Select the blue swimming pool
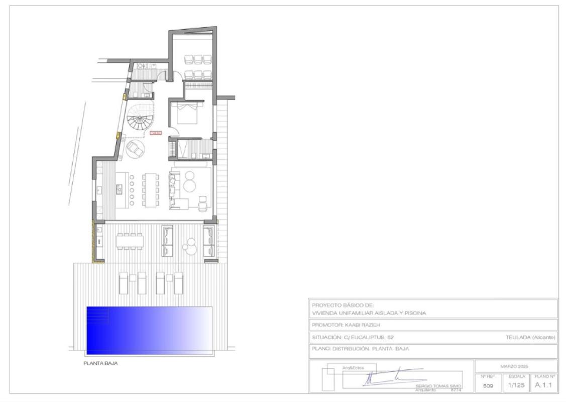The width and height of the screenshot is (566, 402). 149,329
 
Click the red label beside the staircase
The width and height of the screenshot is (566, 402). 156,133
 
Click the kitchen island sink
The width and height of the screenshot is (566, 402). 120,189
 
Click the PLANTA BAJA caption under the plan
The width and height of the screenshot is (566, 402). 101,363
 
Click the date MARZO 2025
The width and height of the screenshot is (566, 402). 516,366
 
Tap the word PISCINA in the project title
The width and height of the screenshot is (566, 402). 413,313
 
